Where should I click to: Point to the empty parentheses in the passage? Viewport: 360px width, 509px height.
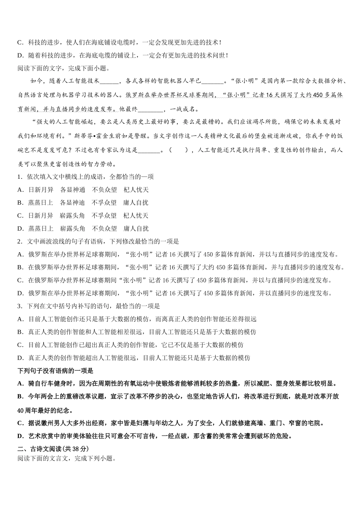click(181, 150)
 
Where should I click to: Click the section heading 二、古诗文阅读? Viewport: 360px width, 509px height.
click(39, 449)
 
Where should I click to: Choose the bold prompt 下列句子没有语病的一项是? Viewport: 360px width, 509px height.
click(55, 371)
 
